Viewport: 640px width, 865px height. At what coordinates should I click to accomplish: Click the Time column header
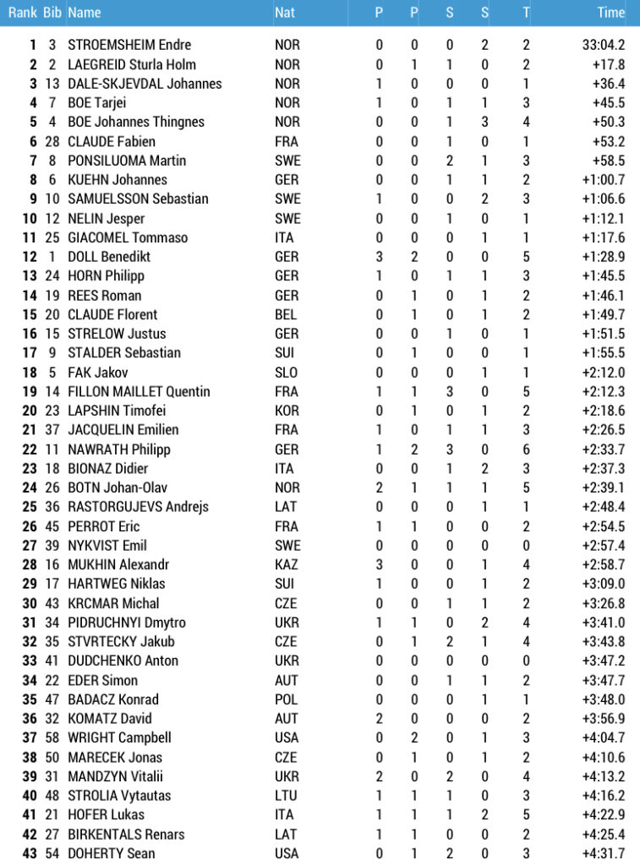tap(610, 13)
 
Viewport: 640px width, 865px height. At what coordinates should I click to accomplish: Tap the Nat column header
tap(285, 13)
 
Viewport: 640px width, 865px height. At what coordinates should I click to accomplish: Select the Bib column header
tap(52, 13)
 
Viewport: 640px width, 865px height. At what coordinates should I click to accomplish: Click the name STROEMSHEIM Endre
tap(129, 45)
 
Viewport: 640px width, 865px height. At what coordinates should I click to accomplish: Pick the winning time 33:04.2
tap(604, 45)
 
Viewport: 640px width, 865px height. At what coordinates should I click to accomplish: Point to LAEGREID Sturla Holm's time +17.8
tap(609, 64)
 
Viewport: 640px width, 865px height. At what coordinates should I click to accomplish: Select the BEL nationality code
tap(287, 314)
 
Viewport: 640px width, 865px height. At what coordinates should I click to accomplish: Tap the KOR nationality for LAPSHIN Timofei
tap(287, 411)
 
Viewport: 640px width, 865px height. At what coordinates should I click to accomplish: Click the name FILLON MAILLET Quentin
tap(139, 391)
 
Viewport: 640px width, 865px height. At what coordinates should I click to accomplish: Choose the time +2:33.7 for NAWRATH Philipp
tap(604, 449)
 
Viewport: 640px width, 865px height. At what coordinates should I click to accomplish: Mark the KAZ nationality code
tap(287, 564)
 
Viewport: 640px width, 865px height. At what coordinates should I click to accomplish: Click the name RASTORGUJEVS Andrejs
tap(138, 507)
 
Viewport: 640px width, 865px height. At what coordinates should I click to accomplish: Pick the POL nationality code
tap(287, 699)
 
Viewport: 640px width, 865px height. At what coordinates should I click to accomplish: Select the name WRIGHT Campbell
tap(119, 737)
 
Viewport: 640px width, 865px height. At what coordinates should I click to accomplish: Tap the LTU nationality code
tap(287, 796)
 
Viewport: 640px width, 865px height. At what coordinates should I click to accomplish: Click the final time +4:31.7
tap(604, 853)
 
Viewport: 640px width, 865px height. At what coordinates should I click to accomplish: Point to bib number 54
tap(52, 853)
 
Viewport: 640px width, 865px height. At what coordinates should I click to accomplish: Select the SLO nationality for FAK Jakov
tap(287, 373)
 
